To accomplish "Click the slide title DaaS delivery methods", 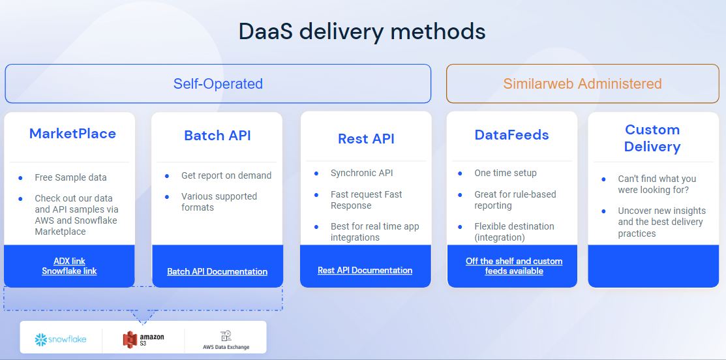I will point(362,31).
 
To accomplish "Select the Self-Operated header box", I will point(218,83).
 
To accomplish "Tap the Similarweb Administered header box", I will point(582,83).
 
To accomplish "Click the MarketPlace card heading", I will point(72,134).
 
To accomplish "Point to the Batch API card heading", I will point(217,136).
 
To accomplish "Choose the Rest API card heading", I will point(366,138).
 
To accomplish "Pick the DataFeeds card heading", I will point(511,135).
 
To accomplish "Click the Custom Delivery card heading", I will point(652,138).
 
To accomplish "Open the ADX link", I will point(69,261).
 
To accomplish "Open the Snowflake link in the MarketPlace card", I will point(69,271).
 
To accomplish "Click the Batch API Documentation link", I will point(217,271).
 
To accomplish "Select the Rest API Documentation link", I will point(365,270).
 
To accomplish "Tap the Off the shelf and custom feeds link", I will point(513,265).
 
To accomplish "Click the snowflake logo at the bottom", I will point(61,339).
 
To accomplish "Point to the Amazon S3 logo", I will point(144,339).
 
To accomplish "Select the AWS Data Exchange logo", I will point(225,340).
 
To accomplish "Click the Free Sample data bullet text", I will point(70,177).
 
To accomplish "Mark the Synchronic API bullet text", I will point(361,173).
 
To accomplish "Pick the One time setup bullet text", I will point(506,173).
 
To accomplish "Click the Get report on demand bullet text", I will point(226,175).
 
